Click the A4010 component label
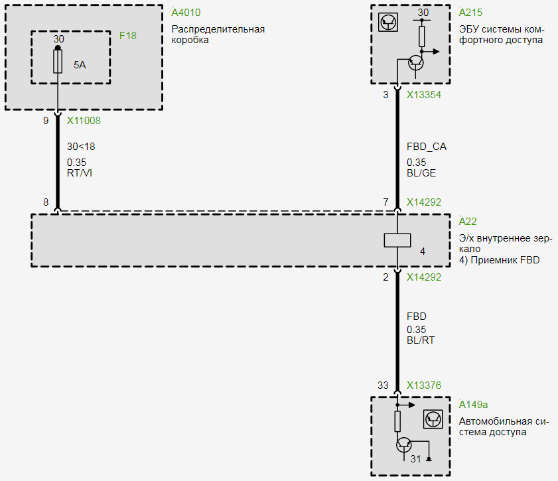coord(186,13)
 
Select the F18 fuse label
coord(128,36)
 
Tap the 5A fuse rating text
coord(80,64)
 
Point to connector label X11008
coord(84,121)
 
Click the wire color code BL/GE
coord(422,173)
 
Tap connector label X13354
coord(424,95)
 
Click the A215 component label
coord(470,13)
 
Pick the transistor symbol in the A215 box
coord(416,62)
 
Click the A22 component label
coord(468,222)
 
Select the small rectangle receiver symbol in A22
coord(397,240)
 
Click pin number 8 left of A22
coord(46,202)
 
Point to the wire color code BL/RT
coord(421,340)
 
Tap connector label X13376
coord(424,385)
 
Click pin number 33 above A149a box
coord(383,385)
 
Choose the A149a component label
coord(474,404)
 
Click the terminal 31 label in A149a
coord(415,458)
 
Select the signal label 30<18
coord(82,147)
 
